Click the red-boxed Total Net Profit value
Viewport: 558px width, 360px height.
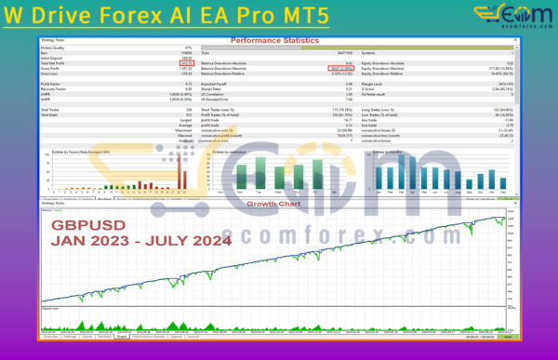pyautogui.click(x=185, y=63)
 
